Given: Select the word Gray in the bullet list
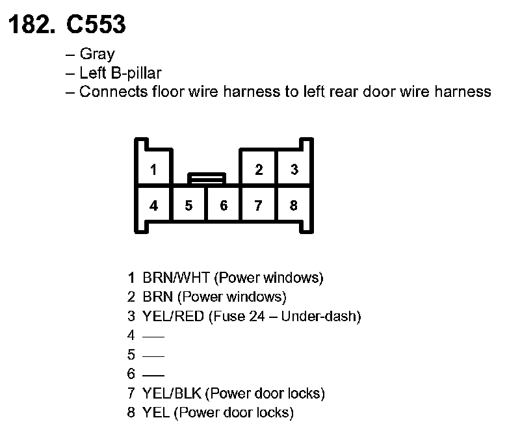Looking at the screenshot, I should [x=97, y=55].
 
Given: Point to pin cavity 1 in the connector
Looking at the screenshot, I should [x=153, y=170].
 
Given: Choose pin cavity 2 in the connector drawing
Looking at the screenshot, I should [x=259, y=170].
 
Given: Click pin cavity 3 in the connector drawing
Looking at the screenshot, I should [x=294, y=170].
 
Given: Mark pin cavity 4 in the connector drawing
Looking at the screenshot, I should [x=153, y=205].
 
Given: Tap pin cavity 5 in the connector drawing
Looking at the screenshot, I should [x=188, y=205].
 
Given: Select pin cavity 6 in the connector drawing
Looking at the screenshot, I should [x=224, y=205].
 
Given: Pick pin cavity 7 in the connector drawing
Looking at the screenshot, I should [x=259, y=205].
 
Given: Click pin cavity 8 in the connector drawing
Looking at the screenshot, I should [x=294, y=205].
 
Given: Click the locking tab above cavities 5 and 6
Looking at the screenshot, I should [x=207, y=177].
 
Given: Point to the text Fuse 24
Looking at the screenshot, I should [x=243, y=317].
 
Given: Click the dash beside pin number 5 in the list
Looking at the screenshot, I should [x=153, y=356].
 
